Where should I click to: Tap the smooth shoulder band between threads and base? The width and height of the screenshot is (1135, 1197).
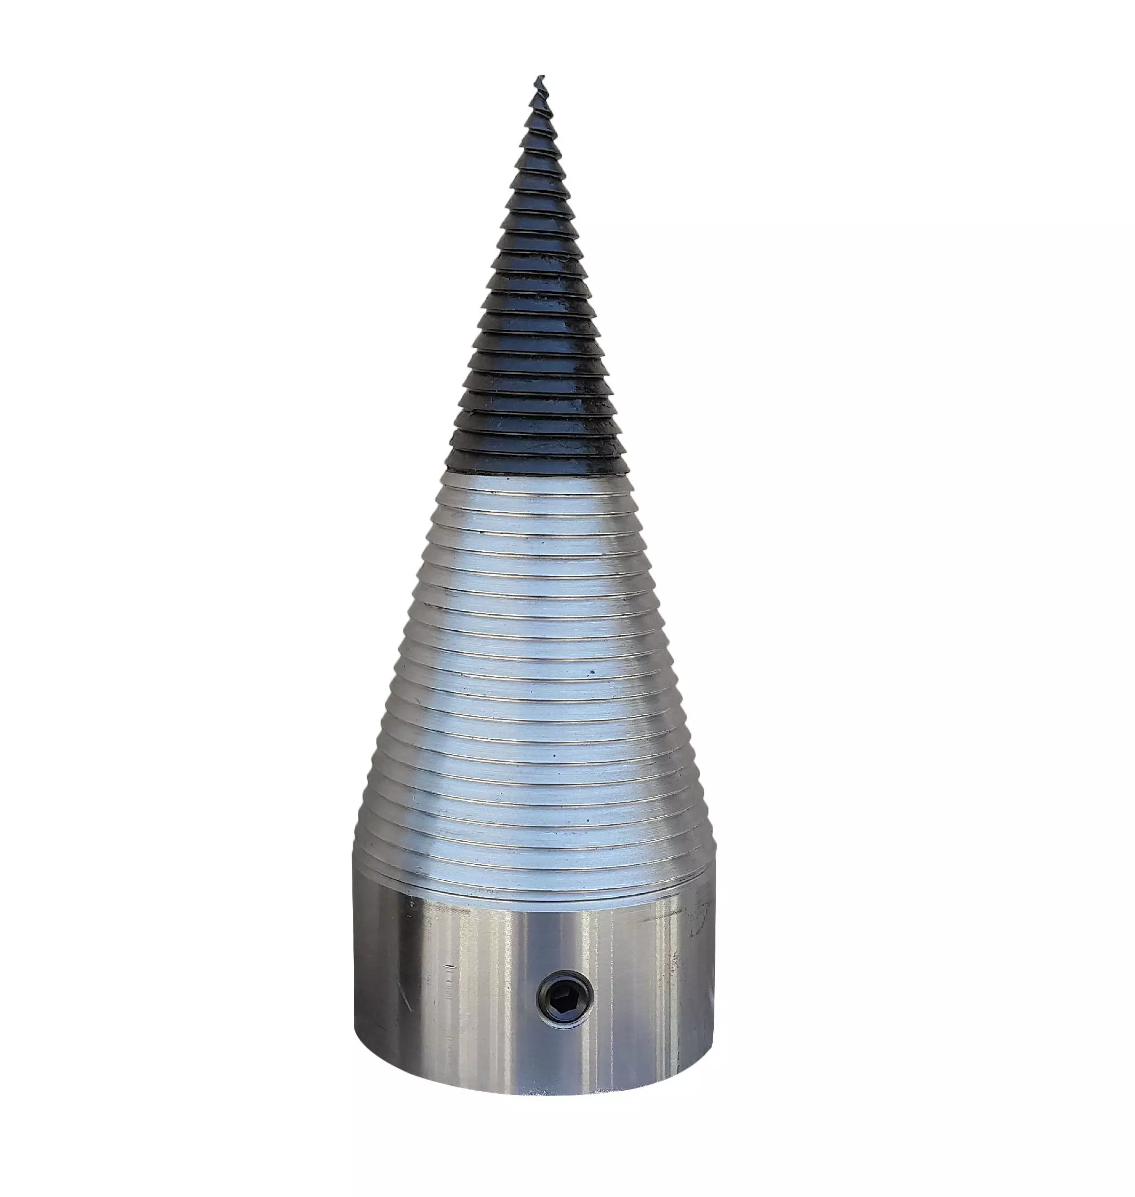[x=532, y=889]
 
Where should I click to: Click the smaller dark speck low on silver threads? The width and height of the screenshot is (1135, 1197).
[x=554, y=755]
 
